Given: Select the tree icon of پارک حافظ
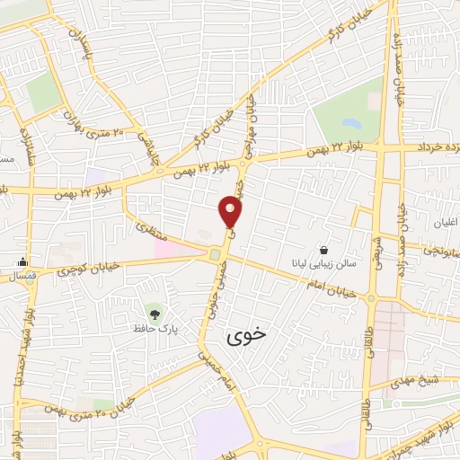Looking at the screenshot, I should click(x=155, y=314).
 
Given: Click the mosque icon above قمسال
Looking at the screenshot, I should click(x=21, y=262).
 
